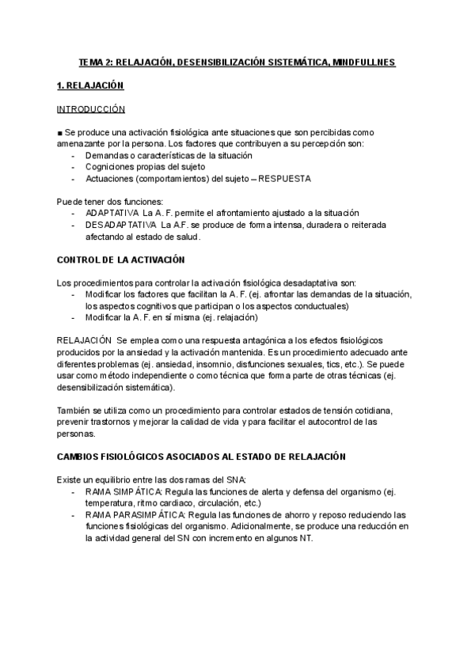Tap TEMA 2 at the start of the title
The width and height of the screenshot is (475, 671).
click(x=96, y=61)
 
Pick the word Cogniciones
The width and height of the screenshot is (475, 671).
click(x=112, y=167)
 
